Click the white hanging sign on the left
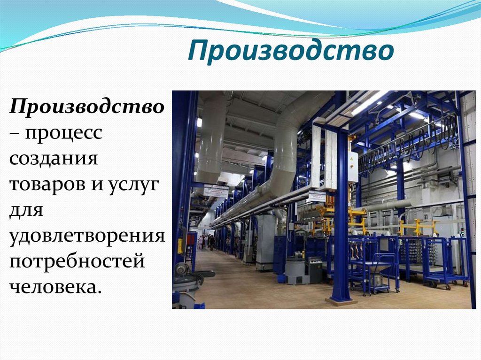216,191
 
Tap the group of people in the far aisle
206,241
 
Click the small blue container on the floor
281,279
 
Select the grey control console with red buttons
314,270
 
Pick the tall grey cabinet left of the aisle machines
265,242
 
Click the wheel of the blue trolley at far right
448,286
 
